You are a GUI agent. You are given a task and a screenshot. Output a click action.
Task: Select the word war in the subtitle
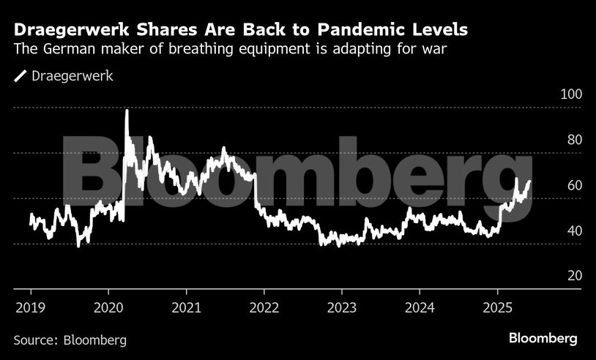(x=438, y=50)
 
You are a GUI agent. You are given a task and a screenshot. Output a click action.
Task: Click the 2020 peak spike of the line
(x=127, y=111)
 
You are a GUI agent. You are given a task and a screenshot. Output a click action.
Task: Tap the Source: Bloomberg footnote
(x=70, y=340)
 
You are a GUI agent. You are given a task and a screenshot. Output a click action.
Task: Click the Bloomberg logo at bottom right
(x=543, y=338)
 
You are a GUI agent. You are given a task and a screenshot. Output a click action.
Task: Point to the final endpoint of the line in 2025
(x=529, y=181)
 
